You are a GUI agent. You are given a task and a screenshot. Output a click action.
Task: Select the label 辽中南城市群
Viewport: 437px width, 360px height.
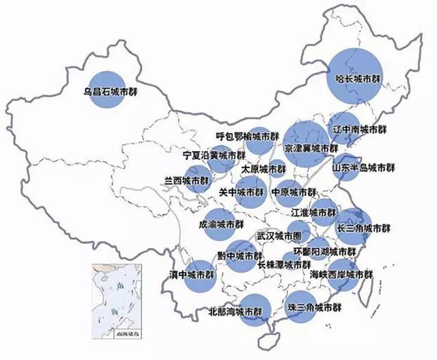click(358, 129)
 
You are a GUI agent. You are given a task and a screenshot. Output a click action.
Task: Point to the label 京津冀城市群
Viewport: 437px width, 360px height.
click(311, 148)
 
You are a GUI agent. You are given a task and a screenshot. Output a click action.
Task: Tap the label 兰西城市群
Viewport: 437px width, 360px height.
click(186, 181)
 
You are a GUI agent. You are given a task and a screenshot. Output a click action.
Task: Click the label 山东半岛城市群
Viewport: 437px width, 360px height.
click(363, 167)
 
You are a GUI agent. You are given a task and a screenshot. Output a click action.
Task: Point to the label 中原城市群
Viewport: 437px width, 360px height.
click(294, 192)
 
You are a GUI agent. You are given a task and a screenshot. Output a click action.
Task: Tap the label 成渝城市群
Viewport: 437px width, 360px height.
click(221, 223)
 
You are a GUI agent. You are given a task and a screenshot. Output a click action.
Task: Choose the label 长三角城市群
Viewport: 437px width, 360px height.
click(363, 228)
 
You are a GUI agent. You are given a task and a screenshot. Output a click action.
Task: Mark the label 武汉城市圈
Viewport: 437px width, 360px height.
click(279, 236)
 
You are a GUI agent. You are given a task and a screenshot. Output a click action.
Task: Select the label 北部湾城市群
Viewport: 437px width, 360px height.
click(235, 311)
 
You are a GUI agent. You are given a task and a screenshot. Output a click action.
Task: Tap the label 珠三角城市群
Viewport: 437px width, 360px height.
click(313, 307)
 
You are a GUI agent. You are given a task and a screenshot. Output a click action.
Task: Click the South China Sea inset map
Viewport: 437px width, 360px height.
click(115, 299)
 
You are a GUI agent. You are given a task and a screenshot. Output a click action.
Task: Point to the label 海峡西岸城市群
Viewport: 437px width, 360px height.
click(341, 274)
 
